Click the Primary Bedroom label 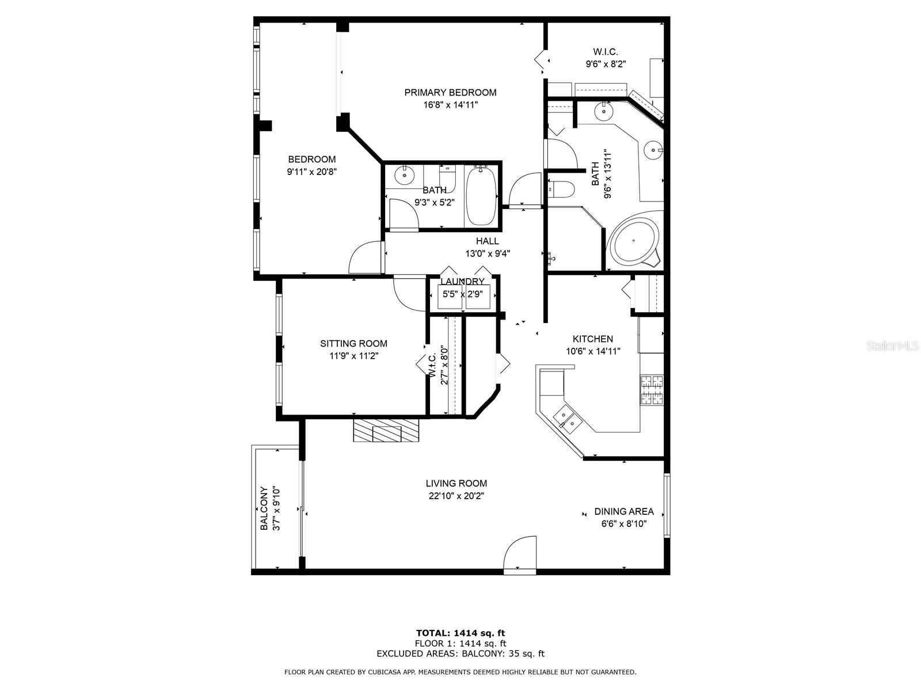click(450, 92)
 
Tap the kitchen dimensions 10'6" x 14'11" click(593, 351)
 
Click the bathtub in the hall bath click(481, 196)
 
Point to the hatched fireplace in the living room click(386, 430)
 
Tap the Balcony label click(264, 508)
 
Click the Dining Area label click(624, 511)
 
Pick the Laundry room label click(462, 282)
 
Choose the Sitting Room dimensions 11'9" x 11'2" click(353, 356)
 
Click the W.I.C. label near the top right click(606, 52)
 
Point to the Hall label click(487, 241)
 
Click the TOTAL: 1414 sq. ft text click(461, 633)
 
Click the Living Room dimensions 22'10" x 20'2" click(456, 496)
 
